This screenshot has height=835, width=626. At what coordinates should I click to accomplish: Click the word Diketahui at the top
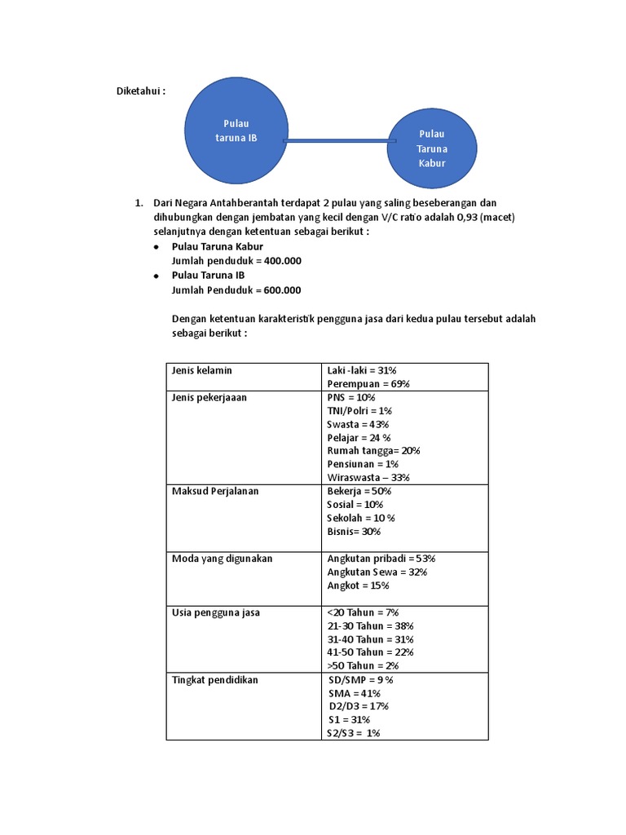tap(140, 91)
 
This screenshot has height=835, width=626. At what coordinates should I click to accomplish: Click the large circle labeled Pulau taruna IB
tap(236, 130)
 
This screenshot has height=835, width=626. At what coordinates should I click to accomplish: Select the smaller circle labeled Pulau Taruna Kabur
tap(432, 148)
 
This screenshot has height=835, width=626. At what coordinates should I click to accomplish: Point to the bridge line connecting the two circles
tap(339, 141)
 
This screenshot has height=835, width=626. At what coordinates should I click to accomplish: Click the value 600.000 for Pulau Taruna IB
tap(277, 289)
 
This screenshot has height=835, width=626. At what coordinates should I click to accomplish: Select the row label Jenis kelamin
tap(201, 370)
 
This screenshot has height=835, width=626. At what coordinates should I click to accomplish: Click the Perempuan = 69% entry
tap(368, 383)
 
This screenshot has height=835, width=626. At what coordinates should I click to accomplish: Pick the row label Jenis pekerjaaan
tap(209, 397)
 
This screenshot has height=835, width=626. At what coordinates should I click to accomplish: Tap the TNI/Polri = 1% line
tap(359, 410)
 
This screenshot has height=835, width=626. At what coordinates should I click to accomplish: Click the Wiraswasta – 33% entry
tap(368, 477)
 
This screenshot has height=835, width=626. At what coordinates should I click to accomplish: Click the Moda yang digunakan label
tap(222, 558)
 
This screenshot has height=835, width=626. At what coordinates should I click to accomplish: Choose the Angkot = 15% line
tap(358, 585)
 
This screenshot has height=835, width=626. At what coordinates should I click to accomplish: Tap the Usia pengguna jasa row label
tap(215, 612)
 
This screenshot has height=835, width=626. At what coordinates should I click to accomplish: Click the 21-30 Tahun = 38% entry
tap(370, 625)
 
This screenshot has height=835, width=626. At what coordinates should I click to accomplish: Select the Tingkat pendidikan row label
tap(214, 679)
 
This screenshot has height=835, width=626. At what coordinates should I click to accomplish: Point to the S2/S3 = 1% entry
tap(355, 733)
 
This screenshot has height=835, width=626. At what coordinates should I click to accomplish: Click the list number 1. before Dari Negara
tap(139, 202)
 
